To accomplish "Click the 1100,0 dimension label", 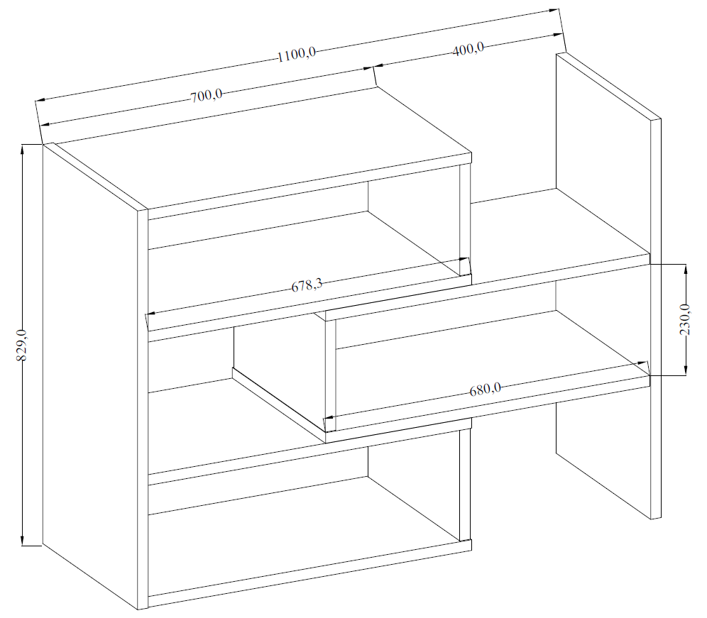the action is point(296,55).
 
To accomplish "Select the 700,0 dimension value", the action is point(206,96).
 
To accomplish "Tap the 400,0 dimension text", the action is point(468,48).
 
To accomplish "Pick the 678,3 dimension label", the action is point(307,285).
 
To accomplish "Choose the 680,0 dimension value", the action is point(485,389).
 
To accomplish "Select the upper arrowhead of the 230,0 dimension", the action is point(686,270).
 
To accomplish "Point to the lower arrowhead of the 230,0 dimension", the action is point(686,370).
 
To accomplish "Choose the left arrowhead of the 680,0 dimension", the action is point(330,417).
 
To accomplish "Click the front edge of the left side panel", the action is point(143,409).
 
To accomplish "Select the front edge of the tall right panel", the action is point(656,319).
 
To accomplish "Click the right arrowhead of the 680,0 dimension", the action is point(642,363).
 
